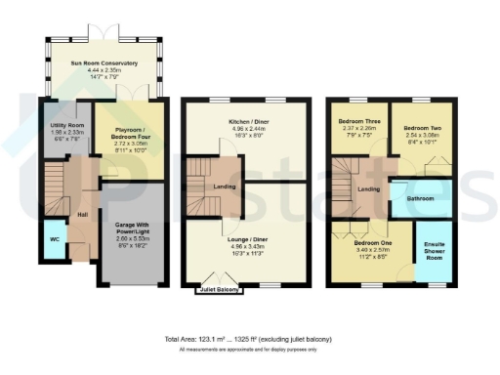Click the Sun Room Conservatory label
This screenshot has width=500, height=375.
[103, 63]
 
